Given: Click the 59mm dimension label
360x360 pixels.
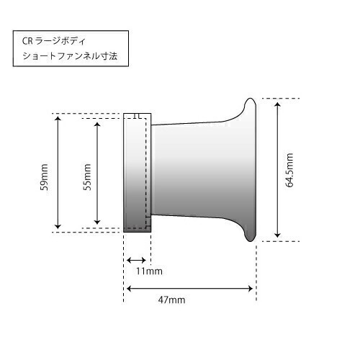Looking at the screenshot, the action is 44,177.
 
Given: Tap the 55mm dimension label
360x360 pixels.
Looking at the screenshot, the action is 87,177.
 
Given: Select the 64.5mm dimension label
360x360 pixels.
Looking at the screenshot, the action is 289,170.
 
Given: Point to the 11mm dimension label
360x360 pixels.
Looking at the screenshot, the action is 149,271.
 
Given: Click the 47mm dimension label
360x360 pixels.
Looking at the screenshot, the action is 171,300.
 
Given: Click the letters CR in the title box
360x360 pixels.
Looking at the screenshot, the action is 27,41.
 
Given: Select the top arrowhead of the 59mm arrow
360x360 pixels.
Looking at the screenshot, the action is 58,119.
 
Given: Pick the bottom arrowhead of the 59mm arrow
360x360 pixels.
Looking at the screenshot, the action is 58,226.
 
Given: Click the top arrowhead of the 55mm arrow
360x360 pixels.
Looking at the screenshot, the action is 97,125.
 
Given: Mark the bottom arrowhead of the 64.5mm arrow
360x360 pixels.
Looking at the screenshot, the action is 277,235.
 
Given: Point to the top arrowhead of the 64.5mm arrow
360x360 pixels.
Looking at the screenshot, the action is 277,105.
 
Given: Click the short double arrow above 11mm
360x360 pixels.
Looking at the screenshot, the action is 136,260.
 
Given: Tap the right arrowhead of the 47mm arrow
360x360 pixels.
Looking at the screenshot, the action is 250,289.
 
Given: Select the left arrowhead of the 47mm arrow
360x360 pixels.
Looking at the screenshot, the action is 130,289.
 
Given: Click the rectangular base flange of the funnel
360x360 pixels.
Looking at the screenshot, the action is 138,173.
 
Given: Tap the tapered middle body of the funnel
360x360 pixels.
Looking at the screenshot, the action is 192,170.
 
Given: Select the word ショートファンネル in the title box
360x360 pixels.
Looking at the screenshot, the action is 60,56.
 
